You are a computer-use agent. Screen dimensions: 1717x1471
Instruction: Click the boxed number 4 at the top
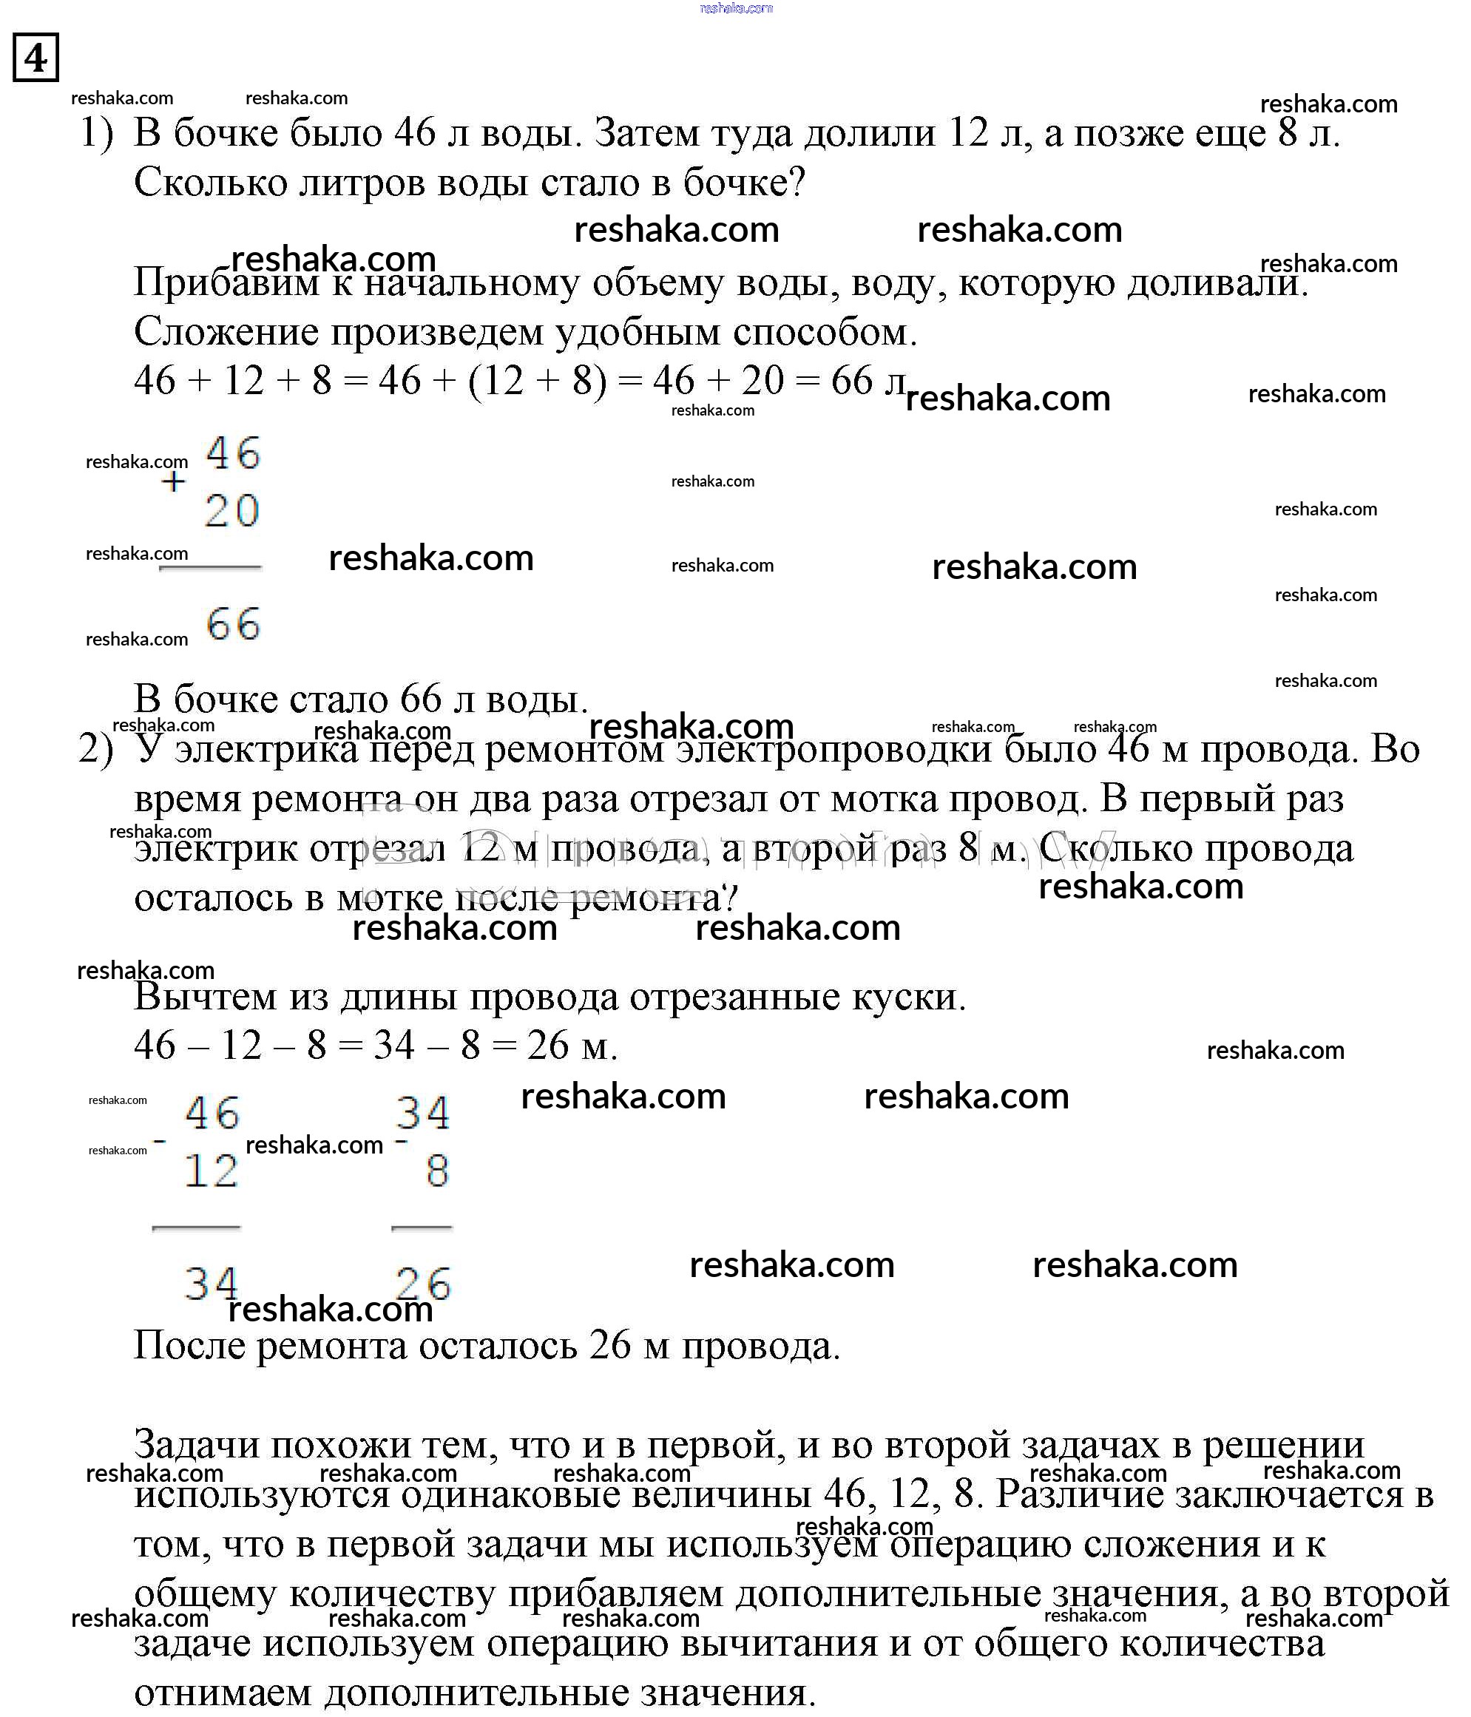pyautogui.click(x=35, y=58)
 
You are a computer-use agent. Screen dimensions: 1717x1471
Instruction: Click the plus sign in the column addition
pyautogui.click(x=173, y=481)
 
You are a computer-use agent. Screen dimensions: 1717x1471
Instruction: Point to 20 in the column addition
pyautogui.click(x=232, y=510)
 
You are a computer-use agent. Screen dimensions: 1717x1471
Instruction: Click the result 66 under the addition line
pyautogui.click(x=233, y=624)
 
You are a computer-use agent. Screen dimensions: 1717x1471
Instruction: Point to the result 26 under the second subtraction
pyautogui.click(x=422, y=1285)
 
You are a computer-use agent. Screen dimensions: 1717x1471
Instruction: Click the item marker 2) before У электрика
pyautogui.click(x=96, y=750)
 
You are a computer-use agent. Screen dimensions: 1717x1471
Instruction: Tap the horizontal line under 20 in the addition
pyautogui.click(x=211, y=569)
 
